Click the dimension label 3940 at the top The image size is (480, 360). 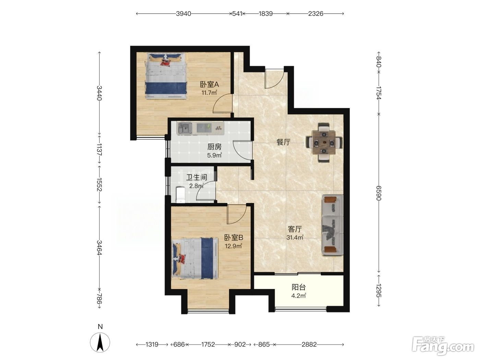coord(183,14)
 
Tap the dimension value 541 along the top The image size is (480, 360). coord(237,14)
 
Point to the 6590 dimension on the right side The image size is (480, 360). coord(379,193)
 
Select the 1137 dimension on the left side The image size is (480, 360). coord(99,149)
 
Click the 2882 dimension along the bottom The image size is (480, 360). coord(309,345)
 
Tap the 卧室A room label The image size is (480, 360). coord(209,84)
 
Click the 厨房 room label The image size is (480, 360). coord(214,147)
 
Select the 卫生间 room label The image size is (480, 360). coord(196,177)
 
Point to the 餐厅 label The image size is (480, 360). coord(284,142)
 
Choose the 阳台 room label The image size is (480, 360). coord(299,287)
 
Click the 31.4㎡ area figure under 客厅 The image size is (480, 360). coord(295,237)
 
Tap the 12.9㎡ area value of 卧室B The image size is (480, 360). coord(233,246)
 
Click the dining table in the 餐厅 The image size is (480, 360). coord(324,143)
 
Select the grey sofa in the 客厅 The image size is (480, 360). coord(332,225)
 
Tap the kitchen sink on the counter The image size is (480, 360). coord(185,128)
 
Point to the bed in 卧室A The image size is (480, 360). coord(166,76)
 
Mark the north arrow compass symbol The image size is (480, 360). coord(100,343)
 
